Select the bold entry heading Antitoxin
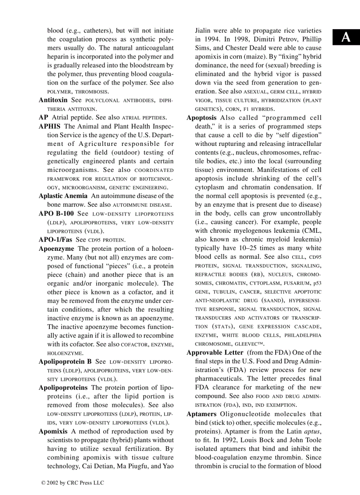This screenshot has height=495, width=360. pos(53,100)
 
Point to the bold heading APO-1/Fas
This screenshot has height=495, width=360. pos(55,240)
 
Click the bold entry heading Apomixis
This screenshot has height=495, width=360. pos(53,432)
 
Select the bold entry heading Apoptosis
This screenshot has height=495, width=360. pos(202,118)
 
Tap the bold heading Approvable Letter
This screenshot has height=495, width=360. pos(215,353)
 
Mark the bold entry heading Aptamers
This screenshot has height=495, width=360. pos(202,414)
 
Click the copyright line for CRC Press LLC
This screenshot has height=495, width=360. pos(72,483)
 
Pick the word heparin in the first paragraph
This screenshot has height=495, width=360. pos(57,57)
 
